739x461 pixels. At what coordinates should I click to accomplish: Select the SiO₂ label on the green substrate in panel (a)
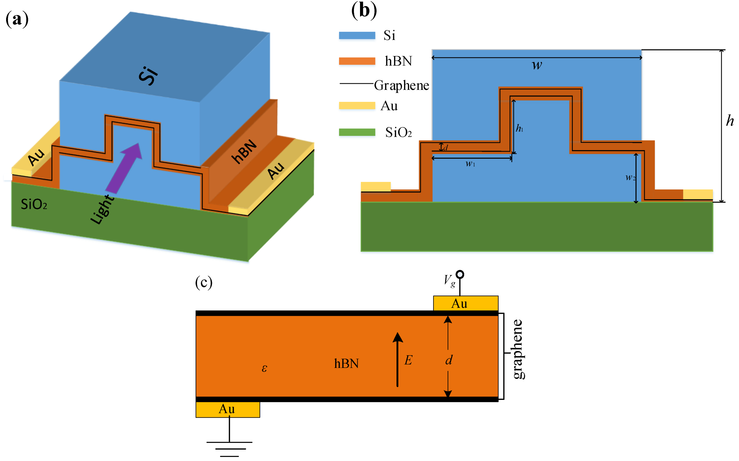(34, 204)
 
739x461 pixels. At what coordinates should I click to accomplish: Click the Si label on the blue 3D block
(148, 75)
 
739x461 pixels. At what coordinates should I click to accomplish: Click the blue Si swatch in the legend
(357, 36)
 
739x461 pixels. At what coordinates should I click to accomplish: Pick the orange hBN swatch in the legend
(357, 61)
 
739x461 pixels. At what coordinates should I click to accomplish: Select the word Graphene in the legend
(401, 85)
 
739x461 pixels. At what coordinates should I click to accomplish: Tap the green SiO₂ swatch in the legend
(357, 132)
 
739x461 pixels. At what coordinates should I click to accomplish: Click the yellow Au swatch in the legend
(357, 105)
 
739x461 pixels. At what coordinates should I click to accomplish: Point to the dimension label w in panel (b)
(537, 65)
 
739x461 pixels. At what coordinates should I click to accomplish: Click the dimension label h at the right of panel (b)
(730, 121)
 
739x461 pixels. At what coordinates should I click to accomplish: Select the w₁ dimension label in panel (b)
(470, 164)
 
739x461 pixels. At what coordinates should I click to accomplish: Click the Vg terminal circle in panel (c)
(460, 274)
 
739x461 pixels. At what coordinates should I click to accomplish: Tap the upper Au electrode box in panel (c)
(465, 303)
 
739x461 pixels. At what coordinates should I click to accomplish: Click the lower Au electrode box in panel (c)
(228, 409)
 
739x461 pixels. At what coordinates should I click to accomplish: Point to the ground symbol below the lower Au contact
(229, 448)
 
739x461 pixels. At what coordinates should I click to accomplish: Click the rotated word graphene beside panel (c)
(518, 349)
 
